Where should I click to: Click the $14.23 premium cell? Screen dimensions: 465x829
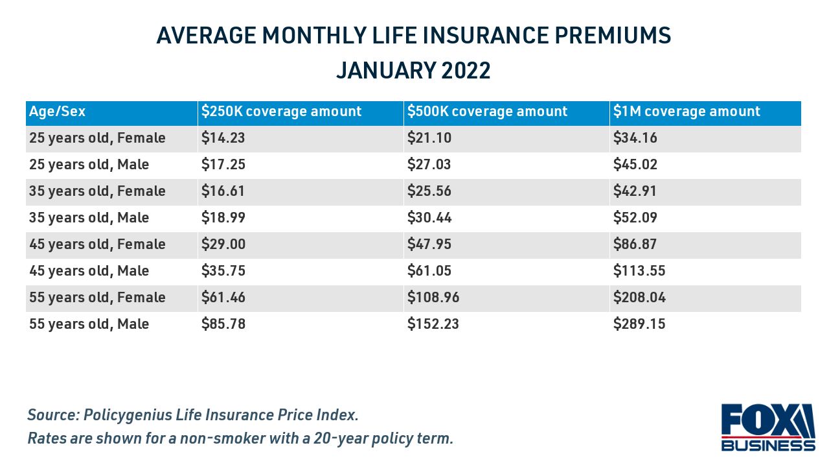coord(223,138)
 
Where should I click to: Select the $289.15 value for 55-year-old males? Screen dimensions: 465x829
coord(639,324)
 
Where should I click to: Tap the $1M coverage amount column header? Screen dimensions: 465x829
coord(687,112)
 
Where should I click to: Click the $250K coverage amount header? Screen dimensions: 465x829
coord(281,112)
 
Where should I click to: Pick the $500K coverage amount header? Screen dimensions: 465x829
coord(487,112)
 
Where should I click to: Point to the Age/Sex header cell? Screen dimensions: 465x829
coord(57,112)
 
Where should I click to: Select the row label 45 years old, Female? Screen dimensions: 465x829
coord(97,244)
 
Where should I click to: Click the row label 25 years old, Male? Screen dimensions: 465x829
coord(89,165)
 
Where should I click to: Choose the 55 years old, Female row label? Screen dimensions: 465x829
coord(97,298)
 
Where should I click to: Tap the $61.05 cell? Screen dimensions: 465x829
coord(429,271)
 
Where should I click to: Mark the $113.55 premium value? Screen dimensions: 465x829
coord(639,271)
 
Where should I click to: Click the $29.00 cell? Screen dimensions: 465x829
coord(223,244)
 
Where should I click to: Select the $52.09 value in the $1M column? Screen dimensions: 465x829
coord(635,218)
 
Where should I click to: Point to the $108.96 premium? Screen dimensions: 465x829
coord(433,298)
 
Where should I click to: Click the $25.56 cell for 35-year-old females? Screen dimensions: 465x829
coord(429,191)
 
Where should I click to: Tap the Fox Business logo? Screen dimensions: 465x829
coord(767,427)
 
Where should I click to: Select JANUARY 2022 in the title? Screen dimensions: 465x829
coord(413,71)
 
